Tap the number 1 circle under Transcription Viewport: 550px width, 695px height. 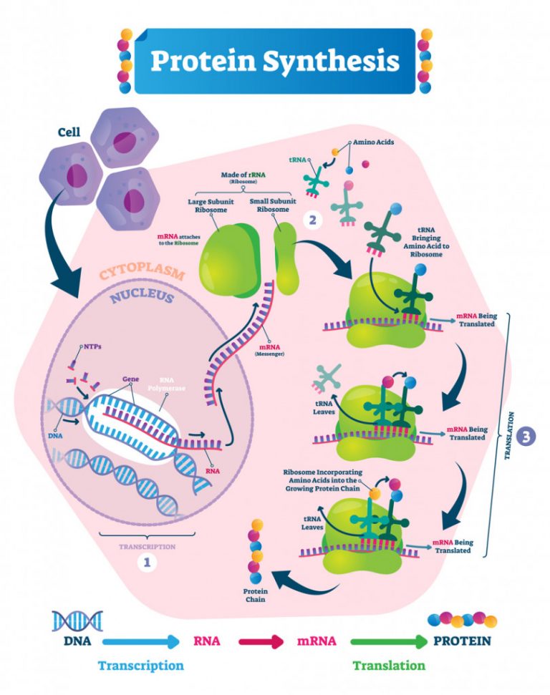[147, 563]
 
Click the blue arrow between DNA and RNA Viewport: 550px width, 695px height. [140, 641]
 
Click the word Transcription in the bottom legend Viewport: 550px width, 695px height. [141, 665]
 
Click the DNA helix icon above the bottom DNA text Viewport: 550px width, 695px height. [78, 620]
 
